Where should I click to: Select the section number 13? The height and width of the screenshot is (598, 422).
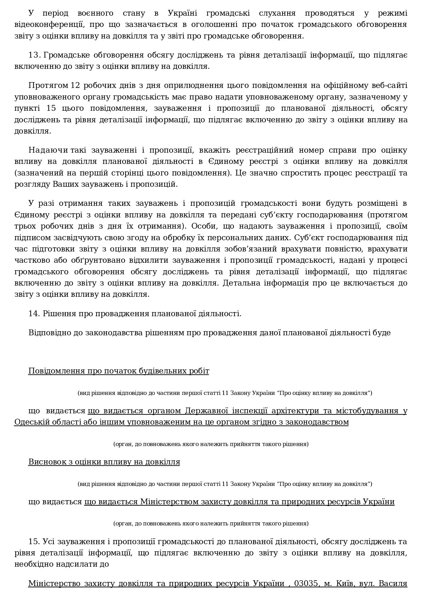click(x=34, y=55)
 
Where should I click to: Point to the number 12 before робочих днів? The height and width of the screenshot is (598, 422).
click(x=75, y=86)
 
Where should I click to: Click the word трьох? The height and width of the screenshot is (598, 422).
click(x=25, y=226)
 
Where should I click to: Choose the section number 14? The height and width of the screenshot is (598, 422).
click(x=34, y=313)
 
